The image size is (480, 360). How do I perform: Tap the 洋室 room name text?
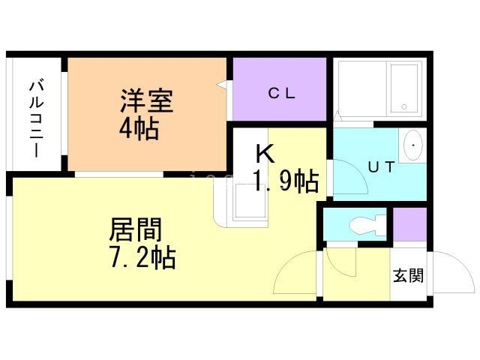coord(146,101)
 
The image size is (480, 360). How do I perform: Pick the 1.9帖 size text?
coord(286,181)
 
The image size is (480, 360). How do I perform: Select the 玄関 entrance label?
coord(407,275)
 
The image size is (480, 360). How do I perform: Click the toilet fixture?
coord(368,223)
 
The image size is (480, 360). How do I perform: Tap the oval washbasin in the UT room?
coord(413,145)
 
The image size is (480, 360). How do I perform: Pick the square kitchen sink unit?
coord(248,202)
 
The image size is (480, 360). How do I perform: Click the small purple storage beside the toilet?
coord(409,224)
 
